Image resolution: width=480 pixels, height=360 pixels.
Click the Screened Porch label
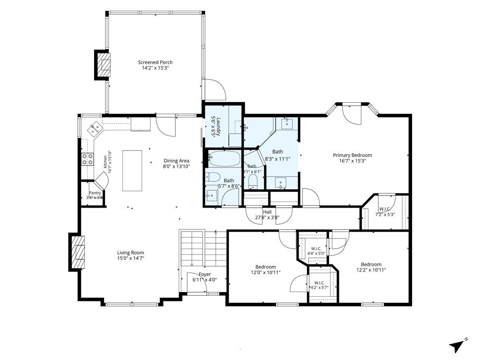point(155,62)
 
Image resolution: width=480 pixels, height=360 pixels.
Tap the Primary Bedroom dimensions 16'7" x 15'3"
point(352,161)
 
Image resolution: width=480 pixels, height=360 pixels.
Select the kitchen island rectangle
point(132,171)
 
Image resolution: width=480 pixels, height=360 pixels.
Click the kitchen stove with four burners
point(87,159)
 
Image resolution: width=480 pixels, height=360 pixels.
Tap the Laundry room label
point(216,126)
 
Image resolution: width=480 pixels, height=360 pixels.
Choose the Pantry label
point(95,193)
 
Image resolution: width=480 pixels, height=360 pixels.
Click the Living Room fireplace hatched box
point(78,252)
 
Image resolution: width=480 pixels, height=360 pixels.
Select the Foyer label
point(205,274)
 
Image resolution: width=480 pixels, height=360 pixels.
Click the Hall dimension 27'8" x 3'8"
point(267,217)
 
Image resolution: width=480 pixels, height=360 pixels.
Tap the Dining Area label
point(176,161)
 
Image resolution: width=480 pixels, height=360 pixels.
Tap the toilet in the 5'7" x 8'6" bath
point(213,177)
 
